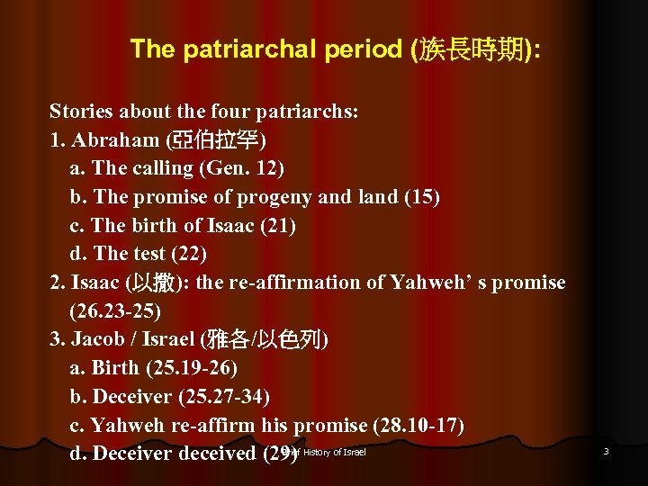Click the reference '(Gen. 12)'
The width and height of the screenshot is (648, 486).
(x=241, y=168)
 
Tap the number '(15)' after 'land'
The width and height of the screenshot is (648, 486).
(x=419, y=197)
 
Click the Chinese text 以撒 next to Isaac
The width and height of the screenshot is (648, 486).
(x=147, y=283)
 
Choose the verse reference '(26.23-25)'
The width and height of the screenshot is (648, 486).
(x=115, y=311)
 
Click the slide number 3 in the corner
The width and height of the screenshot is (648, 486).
(x=606, y=451)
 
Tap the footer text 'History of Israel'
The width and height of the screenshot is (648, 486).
(x=334, y=452)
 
